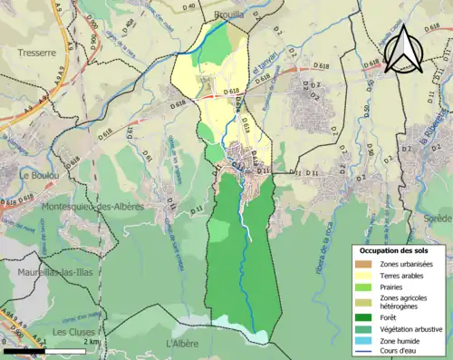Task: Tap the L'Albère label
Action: (x=182, y=344)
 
